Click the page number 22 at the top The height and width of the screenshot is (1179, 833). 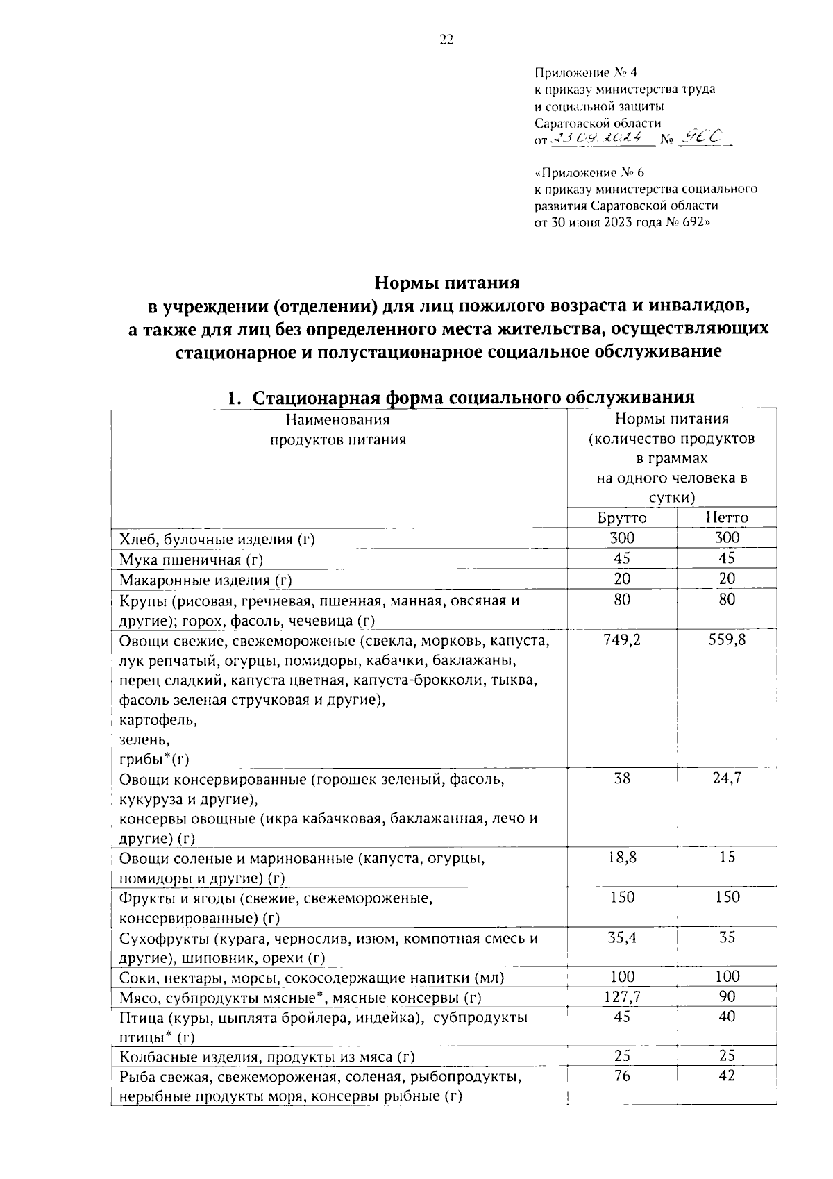[x=446, y=40]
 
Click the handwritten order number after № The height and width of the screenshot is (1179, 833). [x=699, y=138]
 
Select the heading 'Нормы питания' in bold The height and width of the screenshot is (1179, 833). [x=447, y=283]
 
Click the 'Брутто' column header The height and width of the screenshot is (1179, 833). [x=621, y=518]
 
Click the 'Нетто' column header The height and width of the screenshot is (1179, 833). [x=726, y=518]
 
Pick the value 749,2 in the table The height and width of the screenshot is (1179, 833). [x=622, y=639]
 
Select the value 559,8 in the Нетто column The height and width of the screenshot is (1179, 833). [x=727, y=639]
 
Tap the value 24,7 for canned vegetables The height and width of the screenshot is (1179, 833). [x=727, y=778]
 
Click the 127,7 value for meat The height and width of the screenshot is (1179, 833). [x=622, y=997]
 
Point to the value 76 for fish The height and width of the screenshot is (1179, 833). [x=622, y=1076]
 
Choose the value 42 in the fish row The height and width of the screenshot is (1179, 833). [x=727, y=1076]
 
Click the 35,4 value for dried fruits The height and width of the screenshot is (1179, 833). [x=622, y=937]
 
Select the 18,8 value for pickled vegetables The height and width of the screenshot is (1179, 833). [x=622, y=858]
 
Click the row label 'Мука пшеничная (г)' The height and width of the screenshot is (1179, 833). [x=191, y=560]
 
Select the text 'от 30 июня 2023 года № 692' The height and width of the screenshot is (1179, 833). [x=623, y=222]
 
